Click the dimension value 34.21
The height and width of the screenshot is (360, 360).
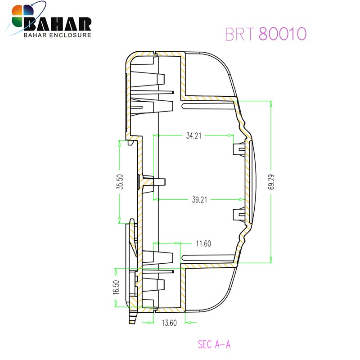193,135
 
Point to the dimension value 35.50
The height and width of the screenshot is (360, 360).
119,182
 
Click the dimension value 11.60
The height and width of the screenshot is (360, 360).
203,243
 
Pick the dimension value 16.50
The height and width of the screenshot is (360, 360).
116,288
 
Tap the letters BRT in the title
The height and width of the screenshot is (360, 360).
240,34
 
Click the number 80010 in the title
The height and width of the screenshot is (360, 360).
283,34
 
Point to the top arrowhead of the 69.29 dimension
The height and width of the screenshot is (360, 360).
270,103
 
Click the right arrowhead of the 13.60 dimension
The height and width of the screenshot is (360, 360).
188,322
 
